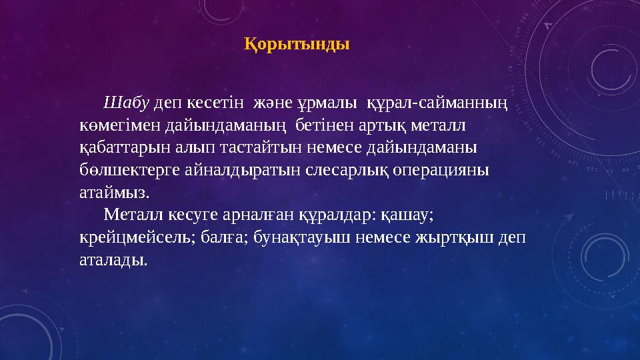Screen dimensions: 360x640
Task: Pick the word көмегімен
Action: (x=113, y=125)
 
